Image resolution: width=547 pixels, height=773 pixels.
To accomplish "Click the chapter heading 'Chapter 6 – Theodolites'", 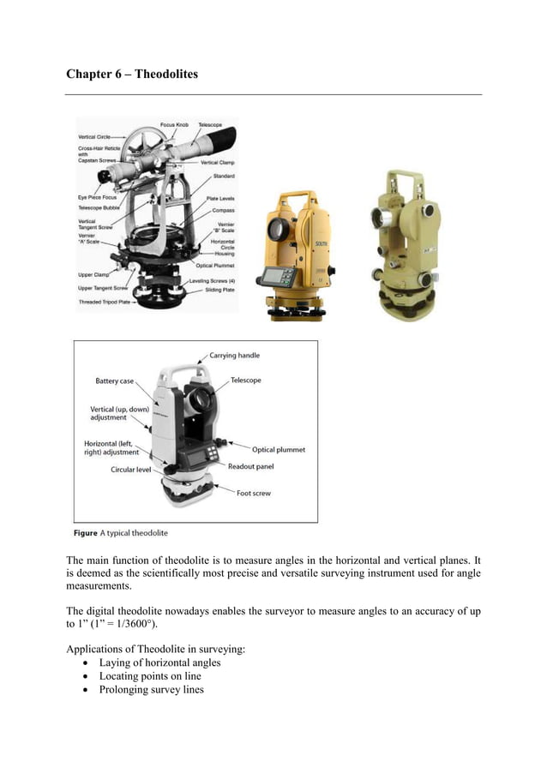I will (x=132, y=75).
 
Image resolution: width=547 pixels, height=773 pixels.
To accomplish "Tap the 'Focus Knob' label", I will (x=175, y=125).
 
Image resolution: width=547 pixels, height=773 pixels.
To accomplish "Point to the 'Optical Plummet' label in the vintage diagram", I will (x=214, y=266).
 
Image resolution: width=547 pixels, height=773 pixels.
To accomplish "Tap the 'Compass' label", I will (x=223, y=210).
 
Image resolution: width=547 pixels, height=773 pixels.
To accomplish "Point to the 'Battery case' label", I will (x=114, y=381).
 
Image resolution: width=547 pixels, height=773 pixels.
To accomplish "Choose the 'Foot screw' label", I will (x=255, y=493).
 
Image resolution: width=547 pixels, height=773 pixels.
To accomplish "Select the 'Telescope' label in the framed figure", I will (x=246, y=380).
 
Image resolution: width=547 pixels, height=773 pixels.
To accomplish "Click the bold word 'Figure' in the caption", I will (x=85, y=533).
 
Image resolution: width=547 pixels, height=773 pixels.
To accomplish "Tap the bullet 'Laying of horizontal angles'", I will (x=159, y=662).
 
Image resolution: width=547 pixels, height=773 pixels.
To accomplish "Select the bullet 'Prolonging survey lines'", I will (x=151, y=690).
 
